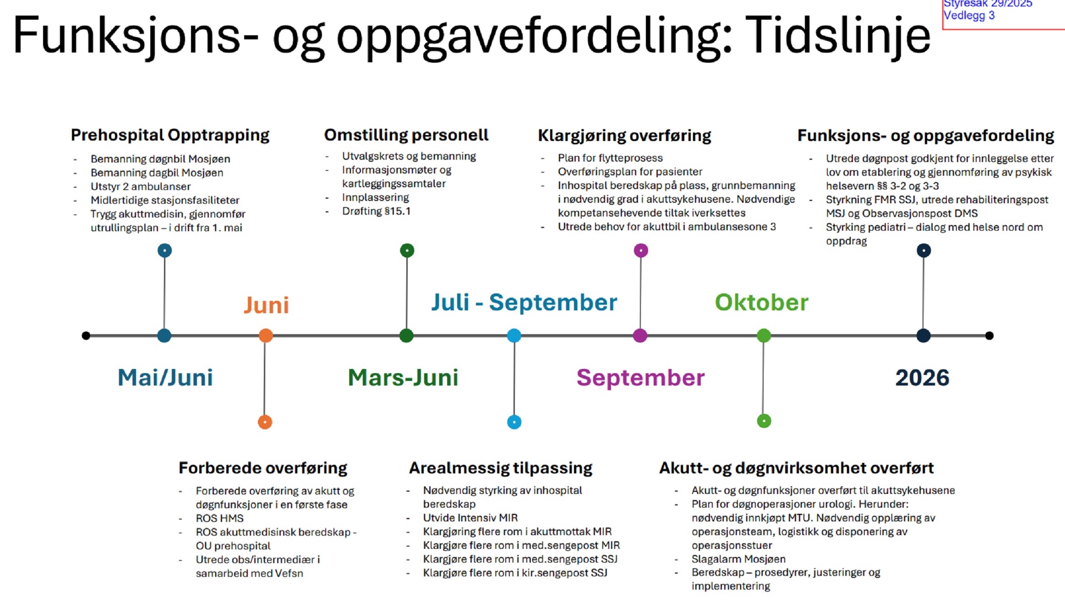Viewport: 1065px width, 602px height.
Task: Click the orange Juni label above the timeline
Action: click(266, 305)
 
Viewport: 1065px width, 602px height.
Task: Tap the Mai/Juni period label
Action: click(165, 378)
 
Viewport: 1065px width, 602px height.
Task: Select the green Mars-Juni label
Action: click(403, 378)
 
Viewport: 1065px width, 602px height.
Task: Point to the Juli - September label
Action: click(524, 303)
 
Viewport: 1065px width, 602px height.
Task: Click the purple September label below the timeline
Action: click(640, 378)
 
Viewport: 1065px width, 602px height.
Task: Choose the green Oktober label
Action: click(762, 303)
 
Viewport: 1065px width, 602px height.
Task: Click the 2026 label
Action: click(922, 378)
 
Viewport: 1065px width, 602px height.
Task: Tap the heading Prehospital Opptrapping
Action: click(170, 135)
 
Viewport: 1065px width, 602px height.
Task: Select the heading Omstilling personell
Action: click(406, 135)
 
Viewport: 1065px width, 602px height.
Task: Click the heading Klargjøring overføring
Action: click(624, 136)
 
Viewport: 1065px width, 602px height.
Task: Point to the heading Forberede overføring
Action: click(263, 468)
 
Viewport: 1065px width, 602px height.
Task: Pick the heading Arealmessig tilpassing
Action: click(501, 468)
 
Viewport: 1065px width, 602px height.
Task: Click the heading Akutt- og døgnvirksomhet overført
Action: click(796, 468)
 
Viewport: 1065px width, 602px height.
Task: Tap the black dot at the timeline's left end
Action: click(86, 336)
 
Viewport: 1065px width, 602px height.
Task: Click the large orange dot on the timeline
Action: click(266, 336)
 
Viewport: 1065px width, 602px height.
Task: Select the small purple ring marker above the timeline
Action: click(641, 250)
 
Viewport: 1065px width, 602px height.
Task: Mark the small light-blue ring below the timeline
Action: click(514, 422)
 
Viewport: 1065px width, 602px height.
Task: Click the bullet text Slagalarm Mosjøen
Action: click(738, 559)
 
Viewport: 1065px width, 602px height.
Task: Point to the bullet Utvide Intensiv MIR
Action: click(470, 518)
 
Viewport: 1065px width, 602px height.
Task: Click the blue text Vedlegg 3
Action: click(969, 16)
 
